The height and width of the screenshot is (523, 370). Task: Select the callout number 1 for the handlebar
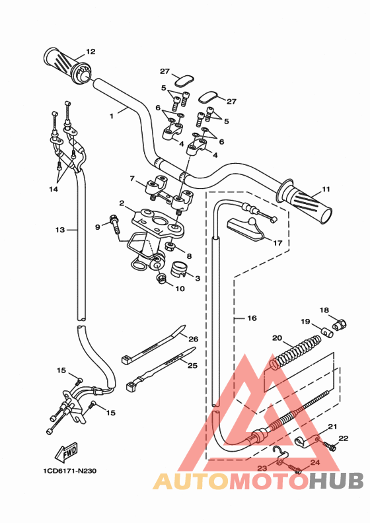[x=112, y=116]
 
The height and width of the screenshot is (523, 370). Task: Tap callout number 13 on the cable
[x=59, y=230]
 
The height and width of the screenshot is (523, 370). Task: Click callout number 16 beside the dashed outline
[x=252, y=318]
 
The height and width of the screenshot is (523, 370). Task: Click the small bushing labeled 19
[x=327, y=331]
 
